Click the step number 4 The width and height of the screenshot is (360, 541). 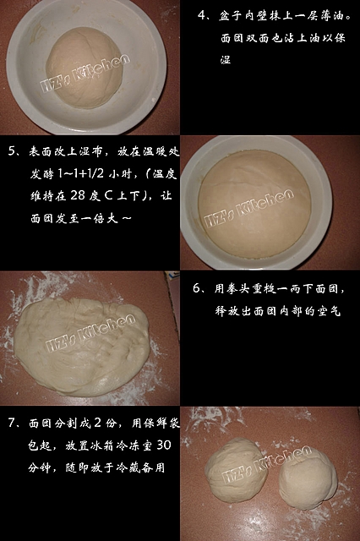202,15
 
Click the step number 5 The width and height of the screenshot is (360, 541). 13,151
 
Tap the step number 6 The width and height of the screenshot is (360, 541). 197,288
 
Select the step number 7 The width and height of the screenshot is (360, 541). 13,423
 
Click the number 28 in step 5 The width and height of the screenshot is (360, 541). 78,195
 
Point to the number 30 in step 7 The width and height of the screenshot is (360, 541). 164,445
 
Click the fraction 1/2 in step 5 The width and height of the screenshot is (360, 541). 95,173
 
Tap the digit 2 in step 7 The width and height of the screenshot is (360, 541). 97,423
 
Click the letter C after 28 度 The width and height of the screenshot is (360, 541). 109,195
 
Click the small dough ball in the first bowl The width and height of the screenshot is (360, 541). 85,68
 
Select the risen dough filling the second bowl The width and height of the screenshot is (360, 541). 254,204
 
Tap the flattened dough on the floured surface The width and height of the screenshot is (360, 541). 82,346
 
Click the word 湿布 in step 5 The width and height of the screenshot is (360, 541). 92,151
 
